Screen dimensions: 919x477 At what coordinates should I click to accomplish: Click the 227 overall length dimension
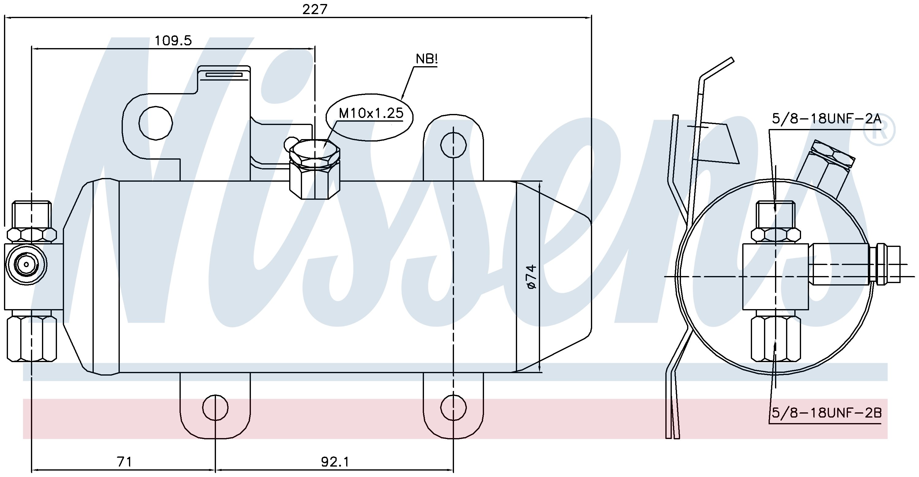point(315,9)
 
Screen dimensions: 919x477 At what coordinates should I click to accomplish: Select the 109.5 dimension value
point(173,41)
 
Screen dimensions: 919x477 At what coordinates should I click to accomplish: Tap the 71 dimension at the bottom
point(124,462)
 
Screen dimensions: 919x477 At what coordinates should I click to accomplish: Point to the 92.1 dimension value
point(335,462)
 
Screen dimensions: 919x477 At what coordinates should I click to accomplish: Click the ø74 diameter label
point(531,277)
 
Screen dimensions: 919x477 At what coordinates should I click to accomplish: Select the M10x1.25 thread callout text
point(371,113)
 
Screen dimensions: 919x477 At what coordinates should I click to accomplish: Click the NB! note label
point(427,59)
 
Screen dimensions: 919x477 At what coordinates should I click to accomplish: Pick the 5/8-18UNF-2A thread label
point(826,119)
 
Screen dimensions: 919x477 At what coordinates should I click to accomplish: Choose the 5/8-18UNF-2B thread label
point(826,413)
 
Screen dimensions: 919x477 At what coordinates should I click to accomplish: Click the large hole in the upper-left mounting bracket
point(156,123)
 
